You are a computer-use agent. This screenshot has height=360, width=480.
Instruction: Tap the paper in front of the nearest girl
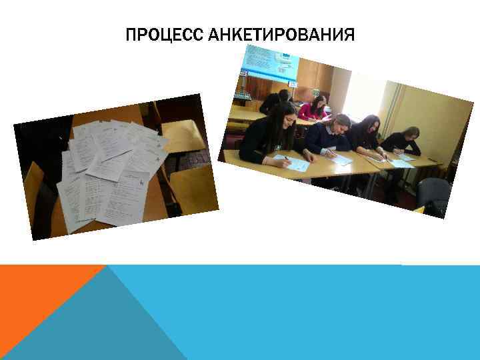point(292,162)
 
